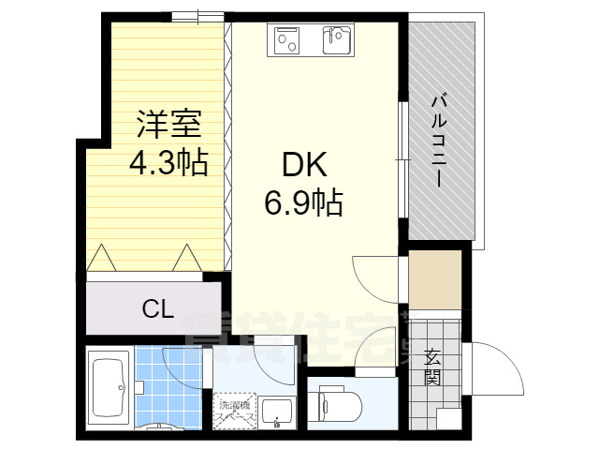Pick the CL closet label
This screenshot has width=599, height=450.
click(x=157, y=308)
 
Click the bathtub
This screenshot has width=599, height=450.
click(x=110, y=387)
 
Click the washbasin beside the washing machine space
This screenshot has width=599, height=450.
click(x=276, y=410)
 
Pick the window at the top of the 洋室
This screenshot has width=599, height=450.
click(x=197, y=16)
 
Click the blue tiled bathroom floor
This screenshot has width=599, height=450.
click(x=167, y=384)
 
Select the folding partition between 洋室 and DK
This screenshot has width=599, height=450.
click(x=227, y=141)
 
